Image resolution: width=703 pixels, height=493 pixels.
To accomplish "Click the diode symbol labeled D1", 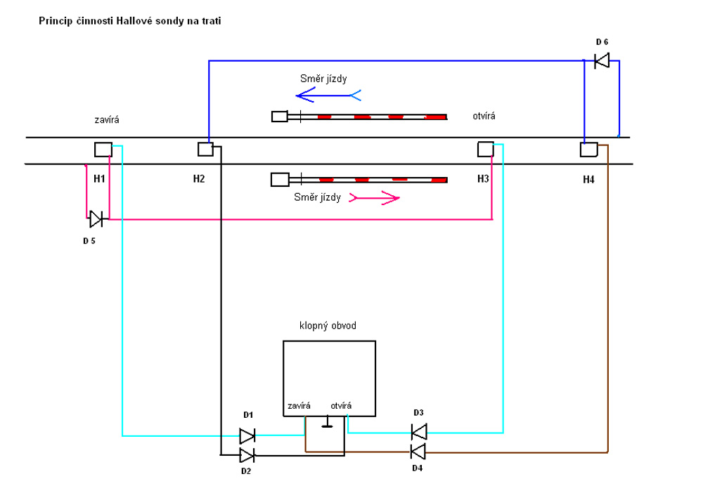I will click(247, 435).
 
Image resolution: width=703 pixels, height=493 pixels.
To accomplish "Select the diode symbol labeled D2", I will click(247, 454).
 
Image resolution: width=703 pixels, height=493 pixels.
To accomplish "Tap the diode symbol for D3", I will click(419, 430).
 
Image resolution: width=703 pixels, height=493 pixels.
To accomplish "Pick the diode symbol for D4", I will click(419, 450).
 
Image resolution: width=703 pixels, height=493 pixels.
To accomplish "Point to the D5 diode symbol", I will click(96, 219).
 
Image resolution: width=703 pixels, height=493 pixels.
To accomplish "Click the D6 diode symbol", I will click(602, 61).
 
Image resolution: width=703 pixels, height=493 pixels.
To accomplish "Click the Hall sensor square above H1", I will click(103, 150).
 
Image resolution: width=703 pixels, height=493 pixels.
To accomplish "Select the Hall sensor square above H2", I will click(205, 149).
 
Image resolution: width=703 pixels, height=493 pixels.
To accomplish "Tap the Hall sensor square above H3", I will click(485, 149).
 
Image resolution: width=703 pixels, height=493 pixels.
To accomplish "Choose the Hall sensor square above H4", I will click(588, 149).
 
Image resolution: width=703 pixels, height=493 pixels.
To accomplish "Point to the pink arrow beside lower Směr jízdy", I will click(375, 198).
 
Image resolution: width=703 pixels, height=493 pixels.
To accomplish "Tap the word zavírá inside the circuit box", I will click(299, 405).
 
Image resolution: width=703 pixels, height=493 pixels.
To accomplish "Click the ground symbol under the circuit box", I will click(327, 423).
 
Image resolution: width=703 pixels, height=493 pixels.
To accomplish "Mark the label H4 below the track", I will click(588, 180).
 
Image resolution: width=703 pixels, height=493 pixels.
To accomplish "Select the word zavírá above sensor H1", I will click(107, 120).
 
